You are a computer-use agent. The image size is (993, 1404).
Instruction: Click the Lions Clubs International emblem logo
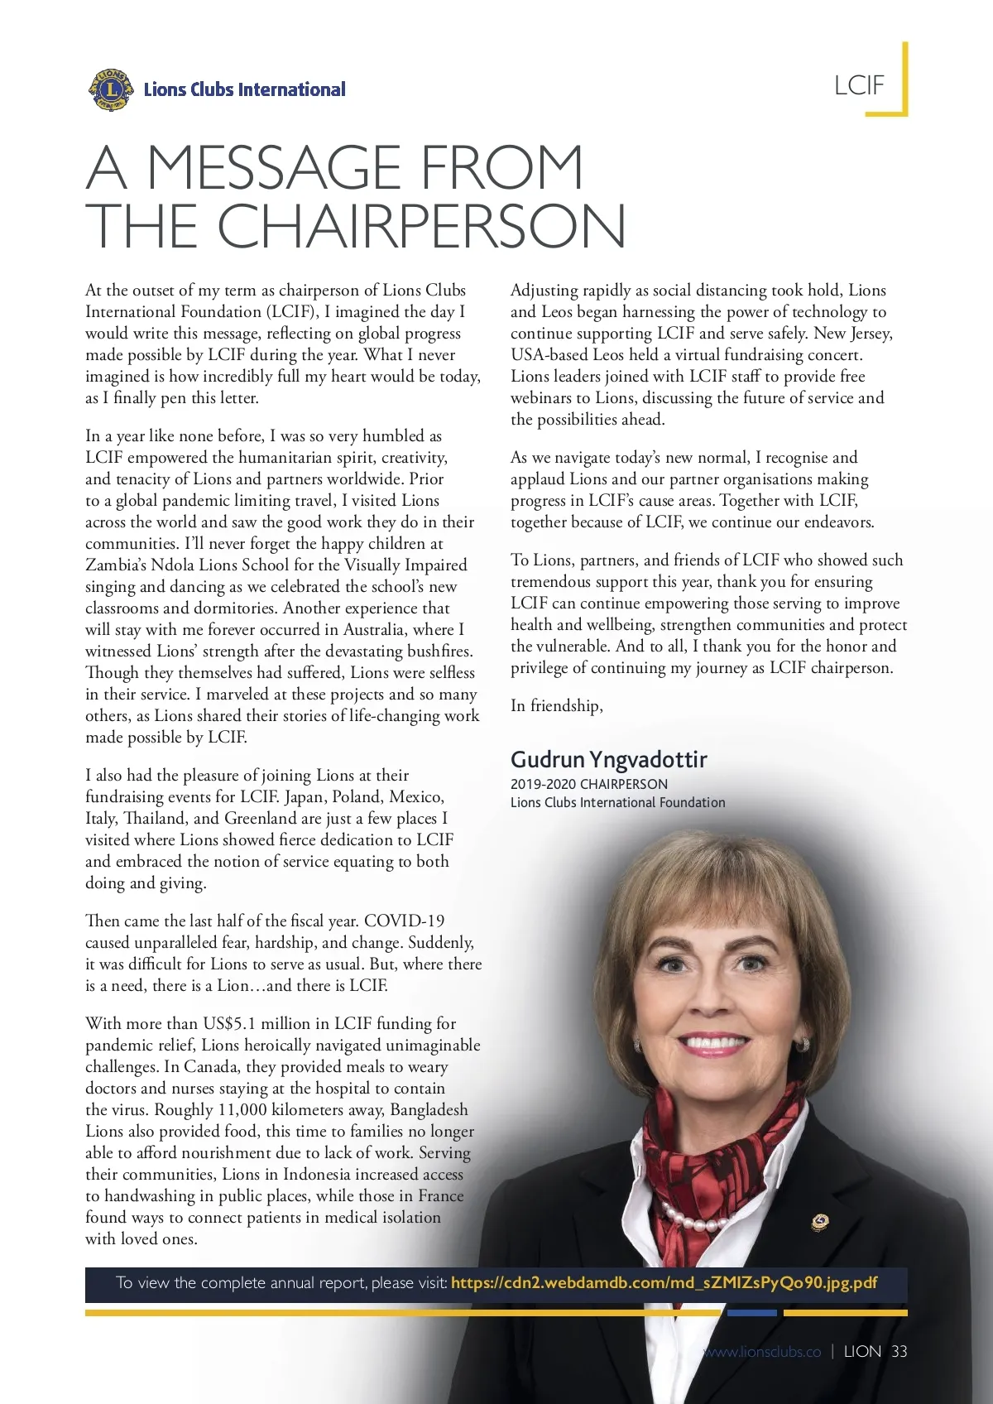pos(110,89)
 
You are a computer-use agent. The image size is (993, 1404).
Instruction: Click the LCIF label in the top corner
pos(859,85)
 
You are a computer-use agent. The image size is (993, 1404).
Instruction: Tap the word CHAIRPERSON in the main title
pos(421,225)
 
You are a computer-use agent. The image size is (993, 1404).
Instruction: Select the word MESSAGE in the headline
pos(274,167)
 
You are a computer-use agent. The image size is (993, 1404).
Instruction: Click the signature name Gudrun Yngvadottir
pos(608,759)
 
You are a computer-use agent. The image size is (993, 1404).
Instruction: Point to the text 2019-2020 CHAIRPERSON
pos(588,784)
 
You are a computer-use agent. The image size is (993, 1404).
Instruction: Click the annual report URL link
pos(664,1283)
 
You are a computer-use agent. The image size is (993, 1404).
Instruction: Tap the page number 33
pos(899,1351)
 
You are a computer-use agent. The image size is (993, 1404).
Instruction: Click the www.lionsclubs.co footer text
pos(762,1352)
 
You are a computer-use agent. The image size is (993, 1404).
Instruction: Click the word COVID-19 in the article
pos(404,921)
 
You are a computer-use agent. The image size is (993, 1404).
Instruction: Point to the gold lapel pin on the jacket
pos(820,1221)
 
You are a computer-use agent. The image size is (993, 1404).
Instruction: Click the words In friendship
pos(556,705)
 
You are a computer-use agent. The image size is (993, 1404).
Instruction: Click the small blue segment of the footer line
pos(751,1313)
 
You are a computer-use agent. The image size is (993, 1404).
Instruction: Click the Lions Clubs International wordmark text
pos(244,89)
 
